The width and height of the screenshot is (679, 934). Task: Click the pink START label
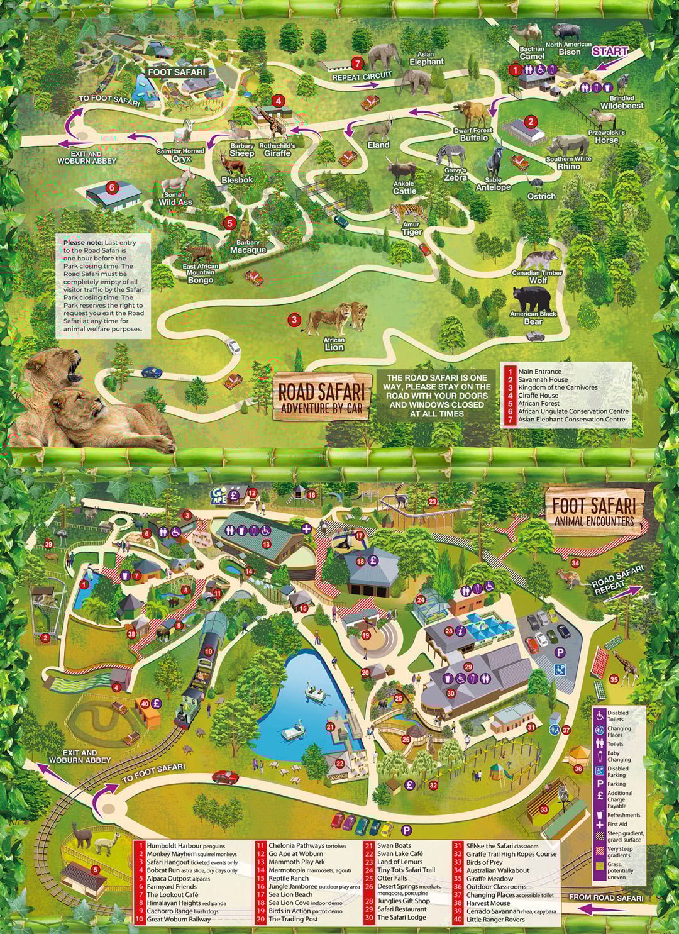[609, 52]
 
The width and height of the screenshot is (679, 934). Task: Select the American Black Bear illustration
[530, 298]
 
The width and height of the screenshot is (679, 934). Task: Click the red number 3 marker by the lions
[294, 320]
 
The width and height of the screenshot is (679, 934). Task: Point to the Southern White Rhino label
[568, 163]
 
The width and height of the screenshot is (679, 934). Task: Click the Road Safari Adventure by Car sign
[321, 398]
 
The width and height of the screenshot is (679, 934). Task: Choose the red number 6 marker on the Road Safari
[111, 187]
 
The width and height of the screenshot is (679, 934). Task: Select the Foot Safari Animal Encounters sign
[593, 509]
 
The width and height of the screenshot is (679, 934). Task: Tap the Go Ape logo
[219, 493]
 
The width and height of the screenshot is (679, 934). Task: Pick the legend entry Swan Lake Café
[400, 854]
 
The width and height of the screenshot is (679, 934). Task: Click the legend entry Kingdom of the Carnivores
[558, 387]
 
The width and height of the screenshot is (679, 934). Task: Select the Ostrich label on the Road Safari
[541, 196]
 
